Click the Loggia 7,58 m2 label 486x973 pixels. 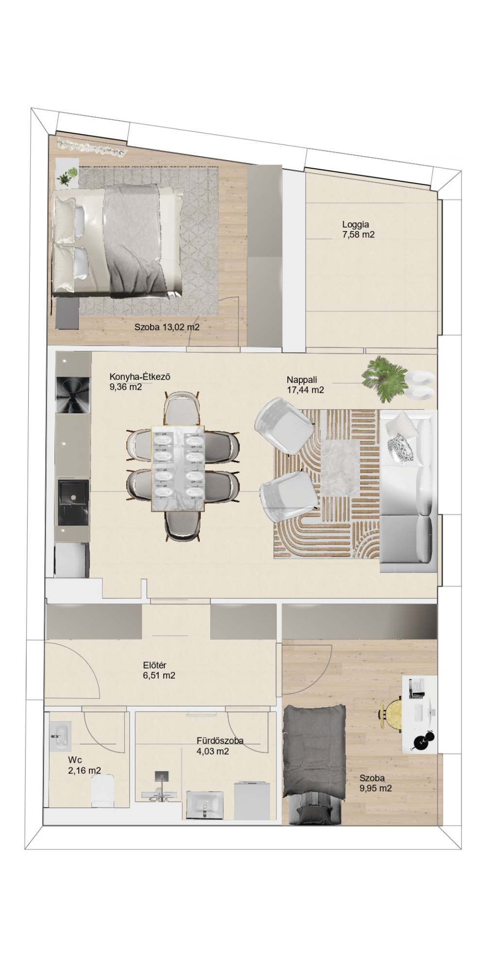click(x=358, y=230)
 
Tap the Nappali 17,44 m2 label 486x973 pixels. click(x=305, y=385)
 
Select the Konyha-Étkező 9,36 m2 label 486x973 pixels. click(x=139, y=382)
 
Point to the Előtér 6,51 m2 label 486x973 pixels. click(x=159, y=670)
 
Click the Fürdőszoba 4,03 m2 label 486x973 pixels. click(x=220, y=746)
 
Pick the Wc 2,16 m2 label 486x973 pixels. click(x=85, y=765)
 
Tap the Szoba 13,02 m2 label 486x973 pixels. click(x=167, y=327)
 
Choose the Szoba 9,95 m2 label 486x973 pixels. click(x=375, y=783)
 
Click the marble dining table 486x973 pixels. click(x=178, y=468)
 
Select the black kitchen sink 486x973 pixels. click(x=73, y=503)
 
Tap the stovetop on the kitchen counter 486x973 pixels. click(x=73, y=395)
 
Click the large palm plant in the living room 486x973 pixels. click(x=385, y=378)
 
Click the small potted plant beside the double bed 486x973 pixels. click(x=69, y=175)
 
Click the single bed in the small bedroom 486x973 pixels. click(x=313, y=763)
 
